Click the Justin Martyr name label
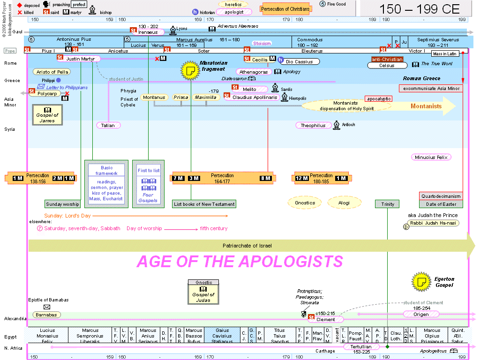coord(80,59)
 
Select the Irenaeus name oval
coord(149,32)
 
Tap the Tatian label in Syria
coord(108,125)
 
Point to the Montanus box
coord(154,97)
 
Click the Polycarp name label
coord(46,93)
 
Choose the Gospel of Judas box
coord(203,294)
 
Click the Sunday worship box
coord(62,204)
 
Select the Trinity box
coord(388,204)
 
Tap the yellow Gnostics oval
coord(305,202)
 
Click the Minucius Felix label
coord(431,157)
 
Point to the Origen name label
coord(421,314)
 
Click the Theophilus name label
coord(313,125)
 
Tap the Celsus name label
coord(387,66)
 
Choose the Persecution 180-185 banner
coord(321,178)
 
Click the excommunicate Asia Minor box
coord(431,88)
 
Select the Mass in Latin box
coord(445,54)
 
